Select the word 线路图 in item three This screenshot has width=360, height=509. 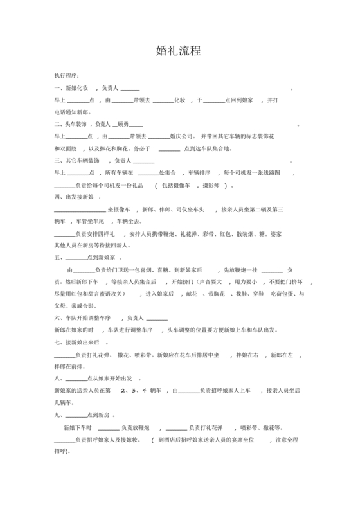point(270,172)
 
